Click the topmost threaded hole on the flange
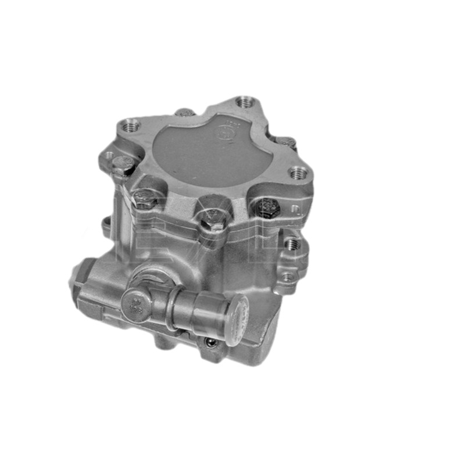(246, 103)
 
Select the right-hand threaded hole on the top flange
(299, 172)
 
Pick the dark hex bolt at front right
(267, 207)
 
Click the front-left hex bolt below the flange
(143, 198)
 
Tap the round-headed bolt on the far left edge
(121, 166)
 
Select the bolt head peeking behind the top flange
(184, 112)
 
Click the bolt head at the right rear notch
(285, 142)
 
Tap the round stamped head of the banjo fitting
(137, 303)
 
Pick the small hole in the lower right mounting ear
(287, 277)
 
